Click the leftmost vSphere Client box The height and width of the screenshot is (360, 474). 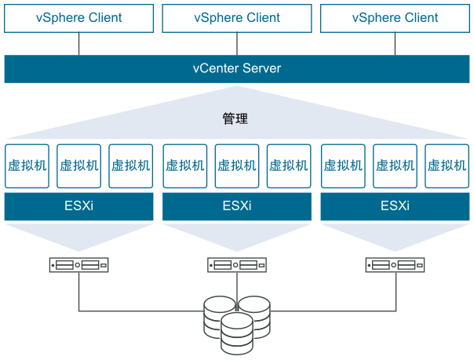[78, 17]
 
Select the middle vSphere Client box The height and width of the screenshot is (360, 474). [237, 17]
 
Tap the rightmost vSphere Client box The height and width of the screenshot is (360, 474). [395, 17]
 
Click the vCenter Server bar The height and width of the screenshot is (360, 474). [237, 69]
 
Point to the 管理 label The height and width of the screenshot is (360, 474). [235, 119]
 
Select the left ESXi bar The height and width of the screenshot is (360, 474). [78, 207]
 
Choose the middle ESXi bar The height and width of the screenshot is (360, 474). [237, 207]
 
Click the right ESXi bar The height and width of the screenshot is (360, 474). [395, 207]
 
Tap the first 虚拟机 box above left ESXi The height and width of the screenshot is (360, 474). [27, 165]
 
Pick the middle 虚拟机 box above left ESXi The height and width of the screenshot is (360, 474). [78, 165]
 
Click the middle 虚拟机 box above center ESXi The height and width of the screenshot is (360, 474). [237, 165]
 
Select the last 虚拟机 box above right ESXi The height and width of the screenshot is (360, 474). [447, 165]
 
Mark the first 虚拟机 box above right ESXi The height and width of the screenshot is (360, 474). [343, 165]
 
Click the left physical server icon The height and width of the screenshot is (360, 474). [78, 265]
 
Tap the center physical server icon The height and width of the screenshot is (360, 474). [237, 265]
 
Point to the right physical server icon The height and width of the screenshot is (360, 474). [395, 265]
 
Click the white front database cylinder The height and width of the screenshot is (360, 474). [237, 333]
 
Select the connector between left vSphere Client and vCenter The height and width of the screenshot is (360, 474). [78, 44]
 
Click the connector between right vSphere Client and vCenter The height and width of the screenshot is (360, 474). [395, 44]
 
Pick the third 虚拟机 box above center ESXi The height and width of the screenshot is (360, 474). [289, 165]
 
